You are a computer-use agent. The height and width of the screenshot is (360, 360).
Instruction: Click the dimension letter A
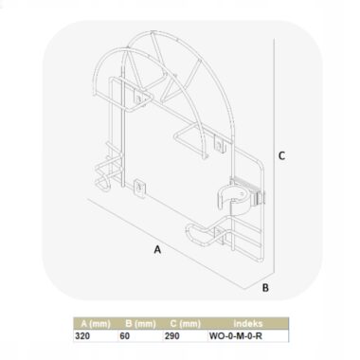click(x=157, y=249)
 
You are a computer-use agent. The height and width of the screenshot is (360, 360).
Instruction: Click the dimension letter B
click(x=265, y=288)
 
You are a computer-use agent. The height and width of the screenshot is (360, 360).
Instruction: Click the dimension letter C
click(x=281, y=155)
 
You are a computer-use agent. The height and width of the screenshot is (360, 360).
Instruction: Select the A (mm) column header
click(x=96, y=324)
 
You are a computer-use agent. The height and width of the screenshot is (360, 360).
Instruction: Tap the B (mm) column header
click(x=140, y=324)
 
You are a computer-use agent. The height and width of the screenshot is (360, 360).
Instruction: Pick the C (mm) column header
click(x=186, y=324)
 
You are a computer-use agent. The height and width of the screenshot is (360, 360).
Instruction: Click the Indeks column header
click(x=248, y=323)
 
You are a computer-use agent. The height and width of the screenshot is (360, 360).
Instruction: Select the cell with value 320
click(x=82, y=335)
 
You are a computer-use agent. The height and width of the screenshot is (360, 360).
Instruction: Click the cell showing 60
click(x=125, y=335)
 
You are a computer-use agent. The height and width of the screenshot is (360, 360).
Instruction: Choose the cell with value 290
click(x=171, y=335)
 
